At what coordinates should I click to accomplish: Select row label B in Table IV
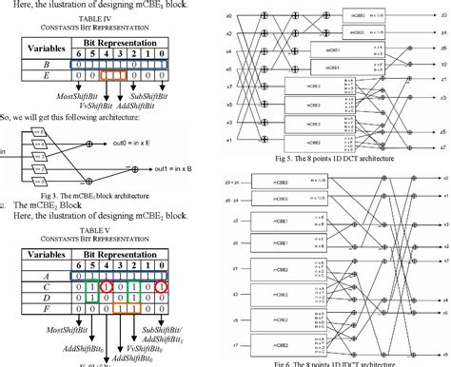point(33,67)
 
